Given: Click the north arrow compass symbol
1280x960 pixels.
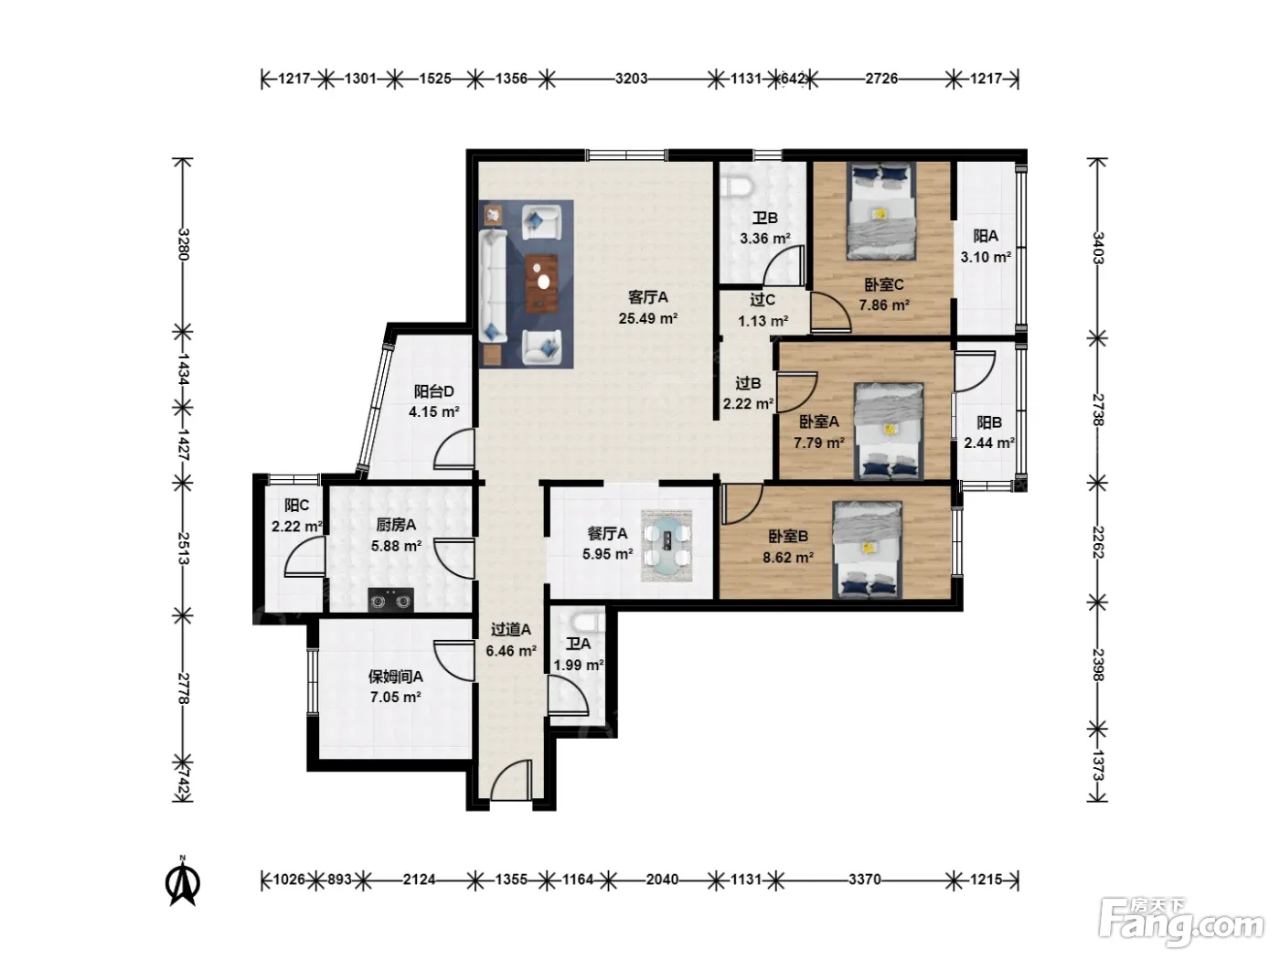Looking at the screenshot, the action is coord(183,880).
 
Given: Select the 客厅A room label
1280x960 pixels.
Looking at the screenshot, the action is coord(648,297).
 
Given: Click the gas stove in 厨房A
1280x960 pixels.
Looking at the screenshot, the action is coord(390,600).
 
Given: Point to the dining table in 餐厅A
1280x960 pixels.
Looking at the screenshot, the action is coord(667,546).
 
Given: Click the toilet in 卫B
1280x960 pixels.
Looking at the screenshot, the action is coord(737,187).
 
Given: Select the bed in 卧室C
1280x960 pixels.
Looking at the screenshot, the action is coord(880,210).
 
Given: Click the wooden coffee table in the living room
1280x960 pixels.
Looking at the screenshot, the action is coord(542,283).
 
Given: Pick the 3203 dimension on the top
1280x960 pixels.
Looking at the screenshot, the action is coord(632,78).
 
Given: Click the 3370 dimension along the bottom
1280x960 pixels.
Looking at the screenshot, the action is coord(865,879).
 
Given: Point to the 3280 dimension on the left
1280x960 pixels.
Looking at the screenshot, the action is coord(183,244).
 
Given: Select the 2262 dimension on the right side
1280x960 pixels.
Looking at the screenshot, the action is coord(1097,542).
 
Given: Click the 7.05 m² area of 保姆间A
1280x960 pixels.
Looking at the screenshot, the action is coord(395,697).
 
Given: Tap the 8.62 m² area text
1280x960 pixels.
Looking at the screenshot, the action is coord(788,557).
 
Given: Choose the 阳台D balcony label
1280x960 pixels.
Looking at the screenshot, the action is coord(434,391).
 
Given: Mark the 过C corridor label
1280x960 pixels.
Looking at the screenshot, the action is coord(763,300).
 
